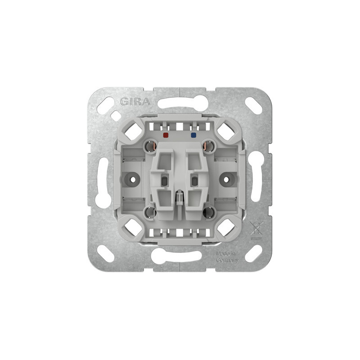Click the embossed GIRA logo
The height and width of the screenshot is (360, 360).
click(x=135, y=102)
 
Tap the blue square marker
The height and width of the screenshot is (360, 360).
click(x=193, y=135)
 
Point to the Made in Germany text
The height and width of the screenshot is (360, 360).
click(x=227, y=257)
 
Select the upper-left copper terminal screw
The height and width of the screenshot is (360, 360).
click(x=151, y=146)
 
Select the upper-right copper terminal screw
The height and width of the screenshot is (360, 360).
click(x=209, y=146)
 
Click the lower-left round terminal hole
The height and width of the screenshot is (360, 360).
click(x=150, y=212)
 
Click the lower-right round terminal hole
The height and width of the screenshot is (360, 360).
click(x=209, y=212)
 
